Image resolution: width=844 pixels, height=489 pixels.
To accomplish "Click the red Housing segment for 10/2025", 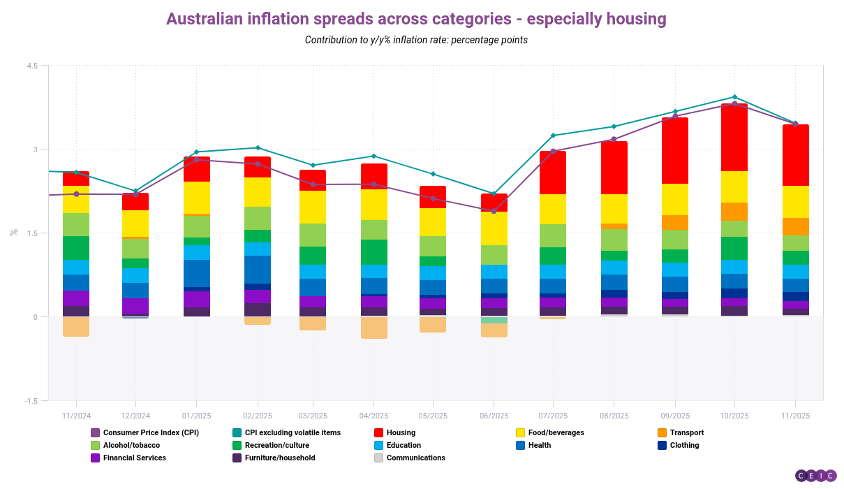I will coord(734,138).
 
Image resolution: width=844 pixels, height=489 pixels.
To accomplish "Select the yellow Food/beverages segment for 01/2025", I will coord(197,198).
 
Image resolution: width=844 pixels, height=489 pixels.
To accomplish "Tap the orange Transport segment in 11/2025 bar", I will coord(795,226).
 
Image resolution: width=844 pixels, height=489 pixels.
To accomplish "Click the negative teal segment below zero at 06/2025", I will coord(494,320).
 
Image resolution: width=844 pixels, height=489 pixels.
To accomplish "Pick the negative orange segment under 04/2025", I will coord(374,328).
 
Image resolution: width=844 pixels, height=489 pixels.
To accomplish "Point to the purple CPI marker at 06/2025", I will coord(494,211).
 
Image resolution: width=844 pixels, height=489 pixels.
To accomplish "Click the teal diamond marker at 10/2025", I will coord(734,97).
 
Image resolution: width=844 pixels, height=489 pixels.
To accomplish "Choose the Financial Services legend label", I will coord(134,458).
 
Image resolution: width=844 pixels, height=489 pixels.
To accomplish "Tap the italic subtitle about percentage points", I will coord(416,40).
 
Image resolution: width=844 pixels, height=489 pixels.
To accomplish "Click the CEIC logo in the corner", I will coord(815,476).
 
